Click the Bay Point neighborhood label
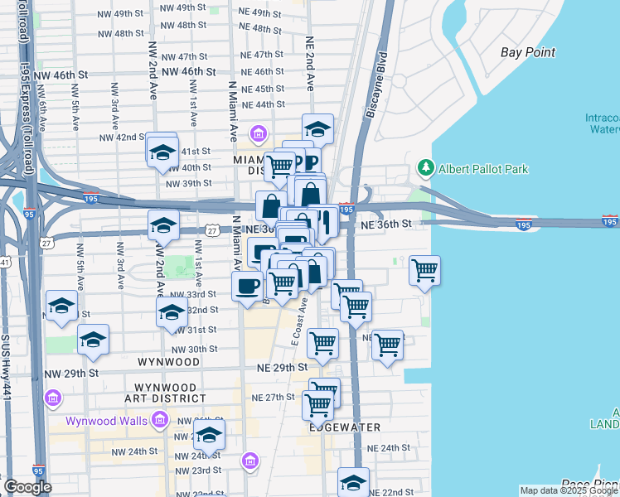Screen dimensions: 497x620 (x=527, y=52)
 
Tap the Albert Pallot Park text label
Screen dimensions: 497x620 (x=483, y=169)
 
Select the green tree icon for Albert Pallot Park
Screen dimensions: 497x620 (x=426, y=168)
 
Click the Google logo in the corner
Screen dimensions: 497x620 (x=27, y=487)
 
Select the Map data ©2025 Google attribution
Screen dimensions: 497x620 (x=569, y=490)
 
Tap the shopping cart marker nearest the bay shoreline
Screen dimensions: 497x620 (x=424, y=270)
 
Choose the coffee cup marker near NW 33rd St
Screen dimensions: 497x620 (x=247, y=287)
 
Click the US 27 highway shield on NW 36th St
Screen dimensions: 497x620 (x=213, y=230)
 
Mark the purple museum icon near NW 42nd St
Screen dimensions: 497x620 (x=258, y=134)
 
